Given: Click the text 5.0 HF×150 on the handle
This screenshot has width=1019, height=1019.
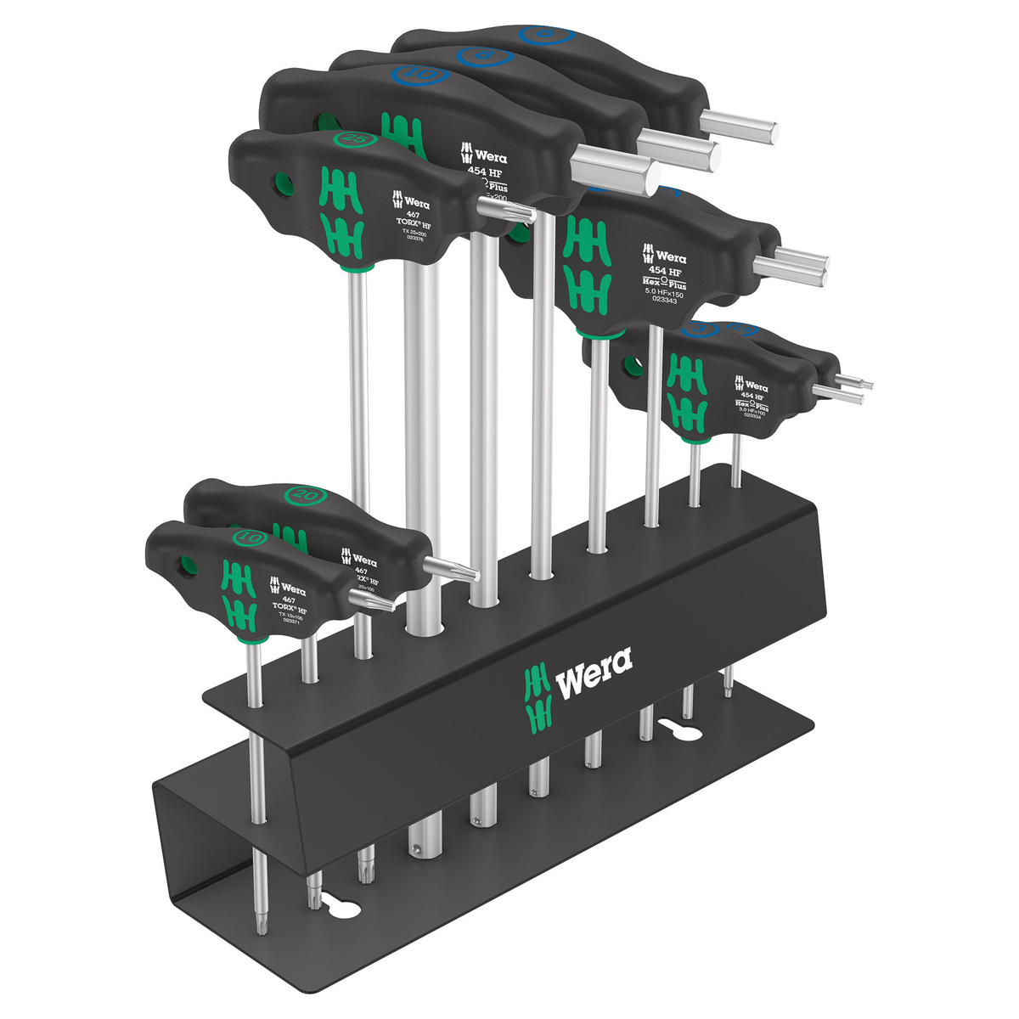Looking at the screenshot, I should click(x=658, y=290).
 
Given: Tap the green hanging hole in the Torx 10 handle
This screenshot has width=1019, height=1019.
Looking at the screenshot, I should click(x=185, y=566).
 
